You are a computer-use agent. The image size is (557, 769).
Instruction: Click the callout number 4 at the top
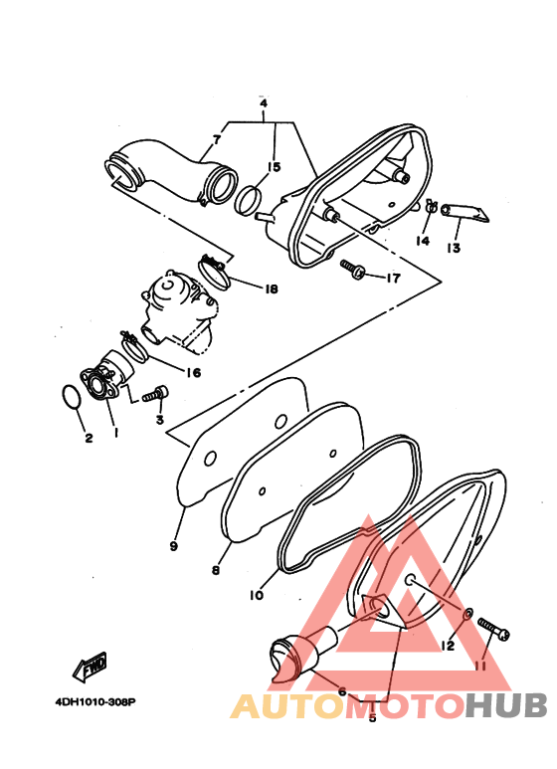264,103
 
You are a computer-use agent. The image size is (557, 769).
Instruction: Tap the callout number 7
216,139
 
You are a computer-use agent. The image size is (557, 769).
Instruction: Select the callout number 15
274,167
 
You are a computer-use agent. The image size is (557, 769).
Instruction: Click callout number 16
192,373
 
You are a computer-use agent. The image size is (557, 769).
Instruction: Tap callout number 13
454,248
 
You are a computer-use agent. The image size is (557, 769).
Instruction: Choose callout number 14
422,241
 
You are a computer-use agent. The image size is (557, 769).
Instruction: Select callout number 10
256,596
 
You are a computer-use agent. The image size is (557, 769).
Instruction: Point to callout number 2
88,438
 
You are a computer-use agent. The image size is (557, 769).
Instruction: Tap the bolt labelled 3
152,396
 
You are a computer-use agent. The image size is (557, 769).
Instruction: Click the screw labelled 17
352,269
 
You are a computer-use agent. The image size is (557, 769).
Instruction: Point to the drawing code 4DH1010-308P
95,701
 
